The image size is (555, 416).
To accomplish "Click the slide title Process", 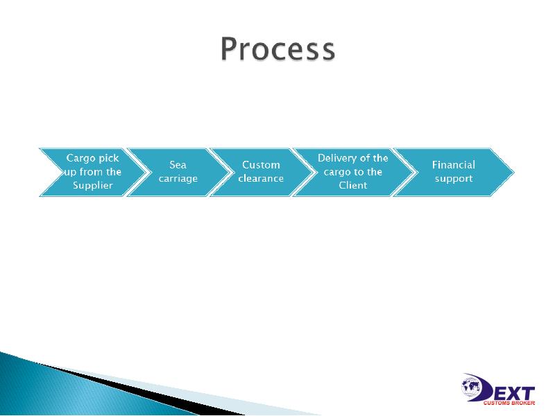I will [x=277, y=50].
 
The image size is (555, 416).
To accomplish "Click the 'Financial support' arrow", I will [x=454, y=172].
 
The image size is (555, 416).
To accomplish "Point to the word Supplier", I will [x=92, y=186].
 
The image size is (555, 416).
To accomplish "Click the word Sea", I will [x=178, y=165].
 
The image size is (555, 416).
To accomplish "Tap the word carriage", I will [x=178, y=179].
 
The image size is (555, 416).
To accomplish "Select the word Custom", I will [x=261, y=165].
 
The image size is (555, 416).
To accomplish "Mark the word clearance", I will [x=261, y=179].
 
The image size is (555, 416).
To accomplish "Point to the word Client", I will [x=352, y=186].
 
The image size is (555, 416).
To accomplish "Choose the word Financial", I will [x=454, y=165].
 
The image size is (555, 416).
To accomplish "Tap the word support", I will [x=454, y=179].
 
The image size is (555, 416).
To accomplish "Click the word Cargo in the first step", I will [x=80, y=158].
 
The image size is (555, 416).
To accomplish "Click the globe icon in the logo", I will [x=473, y=385].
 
